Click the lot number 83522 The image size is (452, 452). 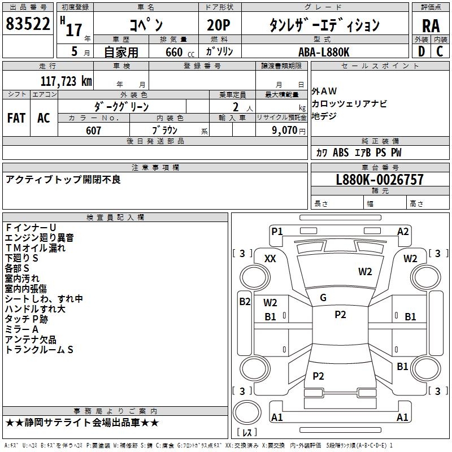[27, 25]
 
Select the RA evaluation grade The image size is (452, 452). [431, 26]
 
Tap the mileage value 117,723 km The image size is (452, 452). [67, 81]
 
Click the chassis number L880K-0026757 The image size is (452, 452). [379, 180]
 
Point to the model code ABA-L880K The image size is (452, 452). [324, 51]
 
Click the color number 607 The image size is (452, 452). [93, 131]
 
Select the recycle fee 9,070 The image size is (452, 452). [281, 131]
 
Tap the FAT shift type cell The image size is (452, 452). [16, 118]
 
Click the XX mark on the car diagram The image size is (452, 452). [271, 258]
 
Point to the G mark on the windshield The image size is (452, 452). [323, 298]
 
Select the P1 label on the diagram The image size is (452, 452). [277, 231]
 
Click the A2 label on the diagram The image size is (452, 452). [403, 231]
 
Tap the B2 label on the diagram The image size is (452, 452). [245, 301]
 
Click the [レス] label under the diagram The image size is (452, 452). [247, 433]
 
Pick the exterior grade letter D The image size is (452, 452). [420, 51]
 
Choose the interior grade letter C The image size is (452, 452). [440, 51]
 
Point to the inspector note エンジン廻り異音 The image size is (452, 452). [39, 238]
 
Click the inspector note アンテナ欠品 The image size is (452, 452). [31, 340]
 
